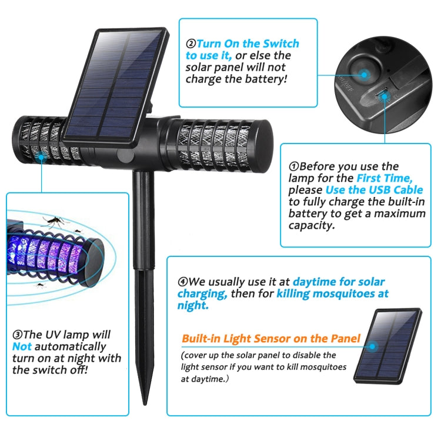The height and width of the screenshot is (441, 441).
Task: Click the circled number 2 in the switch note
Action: pos(191,44)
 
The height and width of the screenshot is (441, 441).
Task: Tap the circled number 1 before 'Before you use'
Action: pos(293,166)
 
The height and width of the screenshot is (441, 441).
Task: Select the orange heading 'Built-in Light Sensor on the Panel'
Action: pos(271,339)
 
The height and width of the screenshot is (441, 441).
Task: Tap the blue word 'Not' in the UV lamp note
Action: pos(22,346)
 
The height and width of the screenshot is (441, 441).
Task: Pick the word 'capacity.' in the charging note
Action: pos(311,225)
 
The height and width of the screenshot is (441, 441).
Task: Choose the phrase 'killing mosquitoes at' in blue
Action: pos(333,293)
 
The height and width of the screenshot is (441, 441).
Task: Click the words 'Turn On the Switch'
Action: pos(248,44)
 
